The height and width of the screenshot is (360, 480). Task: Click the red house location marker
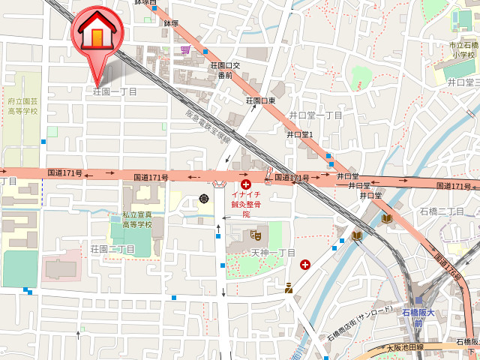click(97, 32)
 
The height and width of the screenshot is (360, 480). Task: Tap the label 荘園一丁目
click(115, 91)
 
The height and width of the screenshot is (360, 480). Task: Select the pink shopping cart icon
click(185, 49)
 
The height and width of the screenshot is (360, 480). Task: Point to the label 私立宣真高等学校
click(137, 219)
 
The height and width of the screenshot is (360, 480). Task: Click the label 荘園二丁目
click(112, 249)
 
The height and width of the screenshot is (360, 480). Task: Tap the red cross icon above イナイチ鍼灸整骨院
click(246, 183)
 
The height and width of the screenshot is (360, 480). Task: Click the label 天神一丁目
click(273, 253)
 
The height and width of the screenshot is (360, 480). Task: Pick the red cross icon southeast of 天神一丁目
click(305, 265)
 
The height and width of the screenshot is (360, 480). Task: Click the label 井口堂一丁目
click(316, 115)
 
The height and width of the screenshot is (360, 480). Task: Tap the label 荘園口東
click(261, 100)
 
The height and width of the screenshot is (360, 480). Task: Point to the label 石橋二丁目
click(442, 211)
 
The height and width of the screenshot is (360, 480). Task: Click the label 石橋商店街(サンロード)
click(359, 323)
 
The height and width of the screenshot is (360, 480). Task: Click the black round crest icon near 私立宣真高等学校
click(204, 199)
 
